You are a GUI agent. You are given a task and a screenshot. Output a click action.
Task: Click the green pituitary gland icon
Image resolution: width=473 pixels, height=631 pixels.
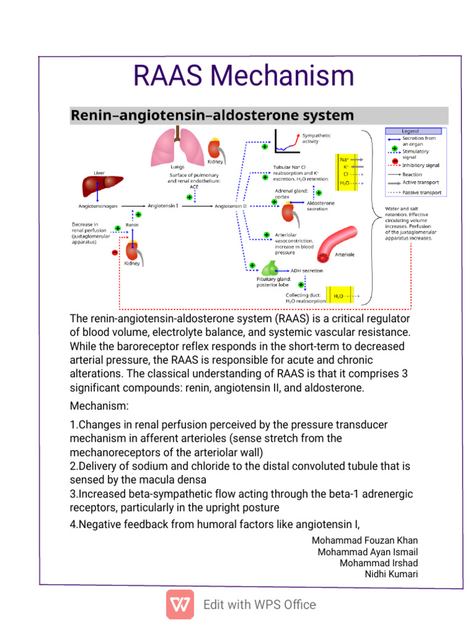coord(270,268)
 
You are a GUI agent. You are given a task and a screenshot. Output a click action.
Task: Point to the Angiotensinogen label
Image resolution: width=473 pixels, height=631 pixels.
coord(98,206)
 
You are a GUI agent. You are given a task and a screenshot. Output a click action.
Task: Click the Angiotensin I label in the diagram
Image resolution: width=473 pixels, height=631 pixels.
coord(163,206)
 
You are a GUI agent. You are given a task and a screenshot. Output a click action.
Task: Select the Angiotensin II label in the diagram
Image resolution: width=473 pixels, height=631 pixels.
coord(230,206)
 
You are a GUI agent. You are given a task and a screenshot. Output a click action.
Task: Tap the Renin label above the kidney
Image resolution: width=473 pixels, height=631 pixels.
coord(132,225)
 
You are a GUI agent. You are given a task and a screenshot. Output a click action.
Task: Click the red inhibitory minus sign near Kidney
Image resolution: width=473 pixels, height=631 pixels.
coord(115,252)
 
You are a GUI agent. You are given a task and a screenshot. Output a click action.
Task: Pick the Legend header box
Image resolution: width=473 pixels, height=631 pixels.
coord(413,131)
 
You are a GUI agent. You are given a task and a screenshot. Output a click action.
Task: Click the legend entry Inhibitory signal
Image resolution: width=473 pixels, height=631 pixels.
coord(421,165)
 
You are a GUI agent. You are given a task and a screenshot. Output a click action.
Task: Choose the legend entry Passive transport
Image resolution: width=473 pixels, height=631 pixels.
coord(422,193)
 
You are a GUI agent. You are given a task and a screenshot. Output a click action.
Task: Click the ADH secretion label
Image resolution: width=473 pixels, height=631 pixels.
coord(307,271)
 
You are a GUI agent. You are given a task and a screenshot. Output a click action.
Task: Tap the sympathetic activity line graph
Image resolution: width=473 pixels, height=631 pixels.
coord(287,141)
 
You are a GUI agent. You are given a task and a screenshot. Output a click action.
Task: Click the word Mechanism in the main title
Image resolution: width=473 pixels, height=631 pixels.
coord(282,76)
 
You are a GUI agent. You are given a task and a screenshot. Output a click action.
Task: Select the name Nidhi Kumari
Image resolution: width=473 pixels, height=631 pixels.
coord(391,574)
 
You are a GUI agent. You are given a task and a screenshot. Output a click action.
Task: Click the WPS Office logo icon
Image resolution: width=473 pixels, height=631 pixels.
coord(180,605)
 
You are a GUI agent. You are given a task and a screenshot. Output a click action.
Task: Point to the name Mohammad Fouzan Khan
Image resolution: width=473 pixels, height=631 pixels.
coord(365,540)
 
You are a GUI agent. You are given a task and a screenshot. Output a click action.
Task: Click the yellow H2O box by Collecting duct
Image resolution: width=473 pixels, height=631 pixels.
coord(340,296)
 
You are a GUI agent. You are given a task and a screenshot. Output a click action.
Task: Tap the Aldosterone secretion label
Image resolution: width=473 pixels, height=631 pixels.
coord(320,206)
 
